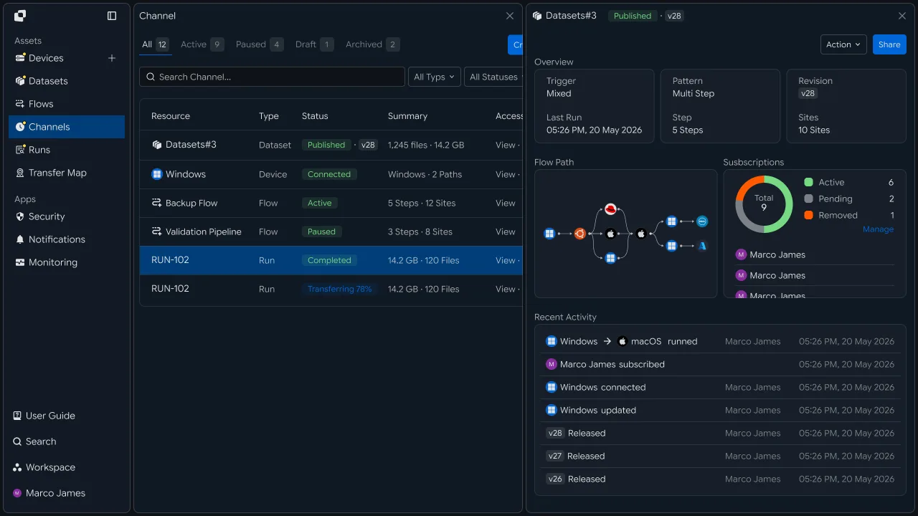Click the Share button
889,44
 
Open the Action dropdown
843,44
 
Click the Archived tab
372,44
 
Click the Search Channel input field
272,77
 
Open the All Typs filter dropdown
434,77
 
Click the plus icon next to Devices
111,58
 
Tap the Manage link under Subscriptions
878,229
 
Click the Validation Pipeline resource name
203,231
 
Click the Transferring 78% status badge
339,289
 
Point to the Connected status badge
329,174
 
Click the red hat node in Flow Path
610,209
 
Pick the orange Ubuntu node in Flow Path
579,234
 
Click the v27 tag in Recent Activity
555,457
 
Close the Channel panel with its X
509,16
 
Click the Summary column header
407,116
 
